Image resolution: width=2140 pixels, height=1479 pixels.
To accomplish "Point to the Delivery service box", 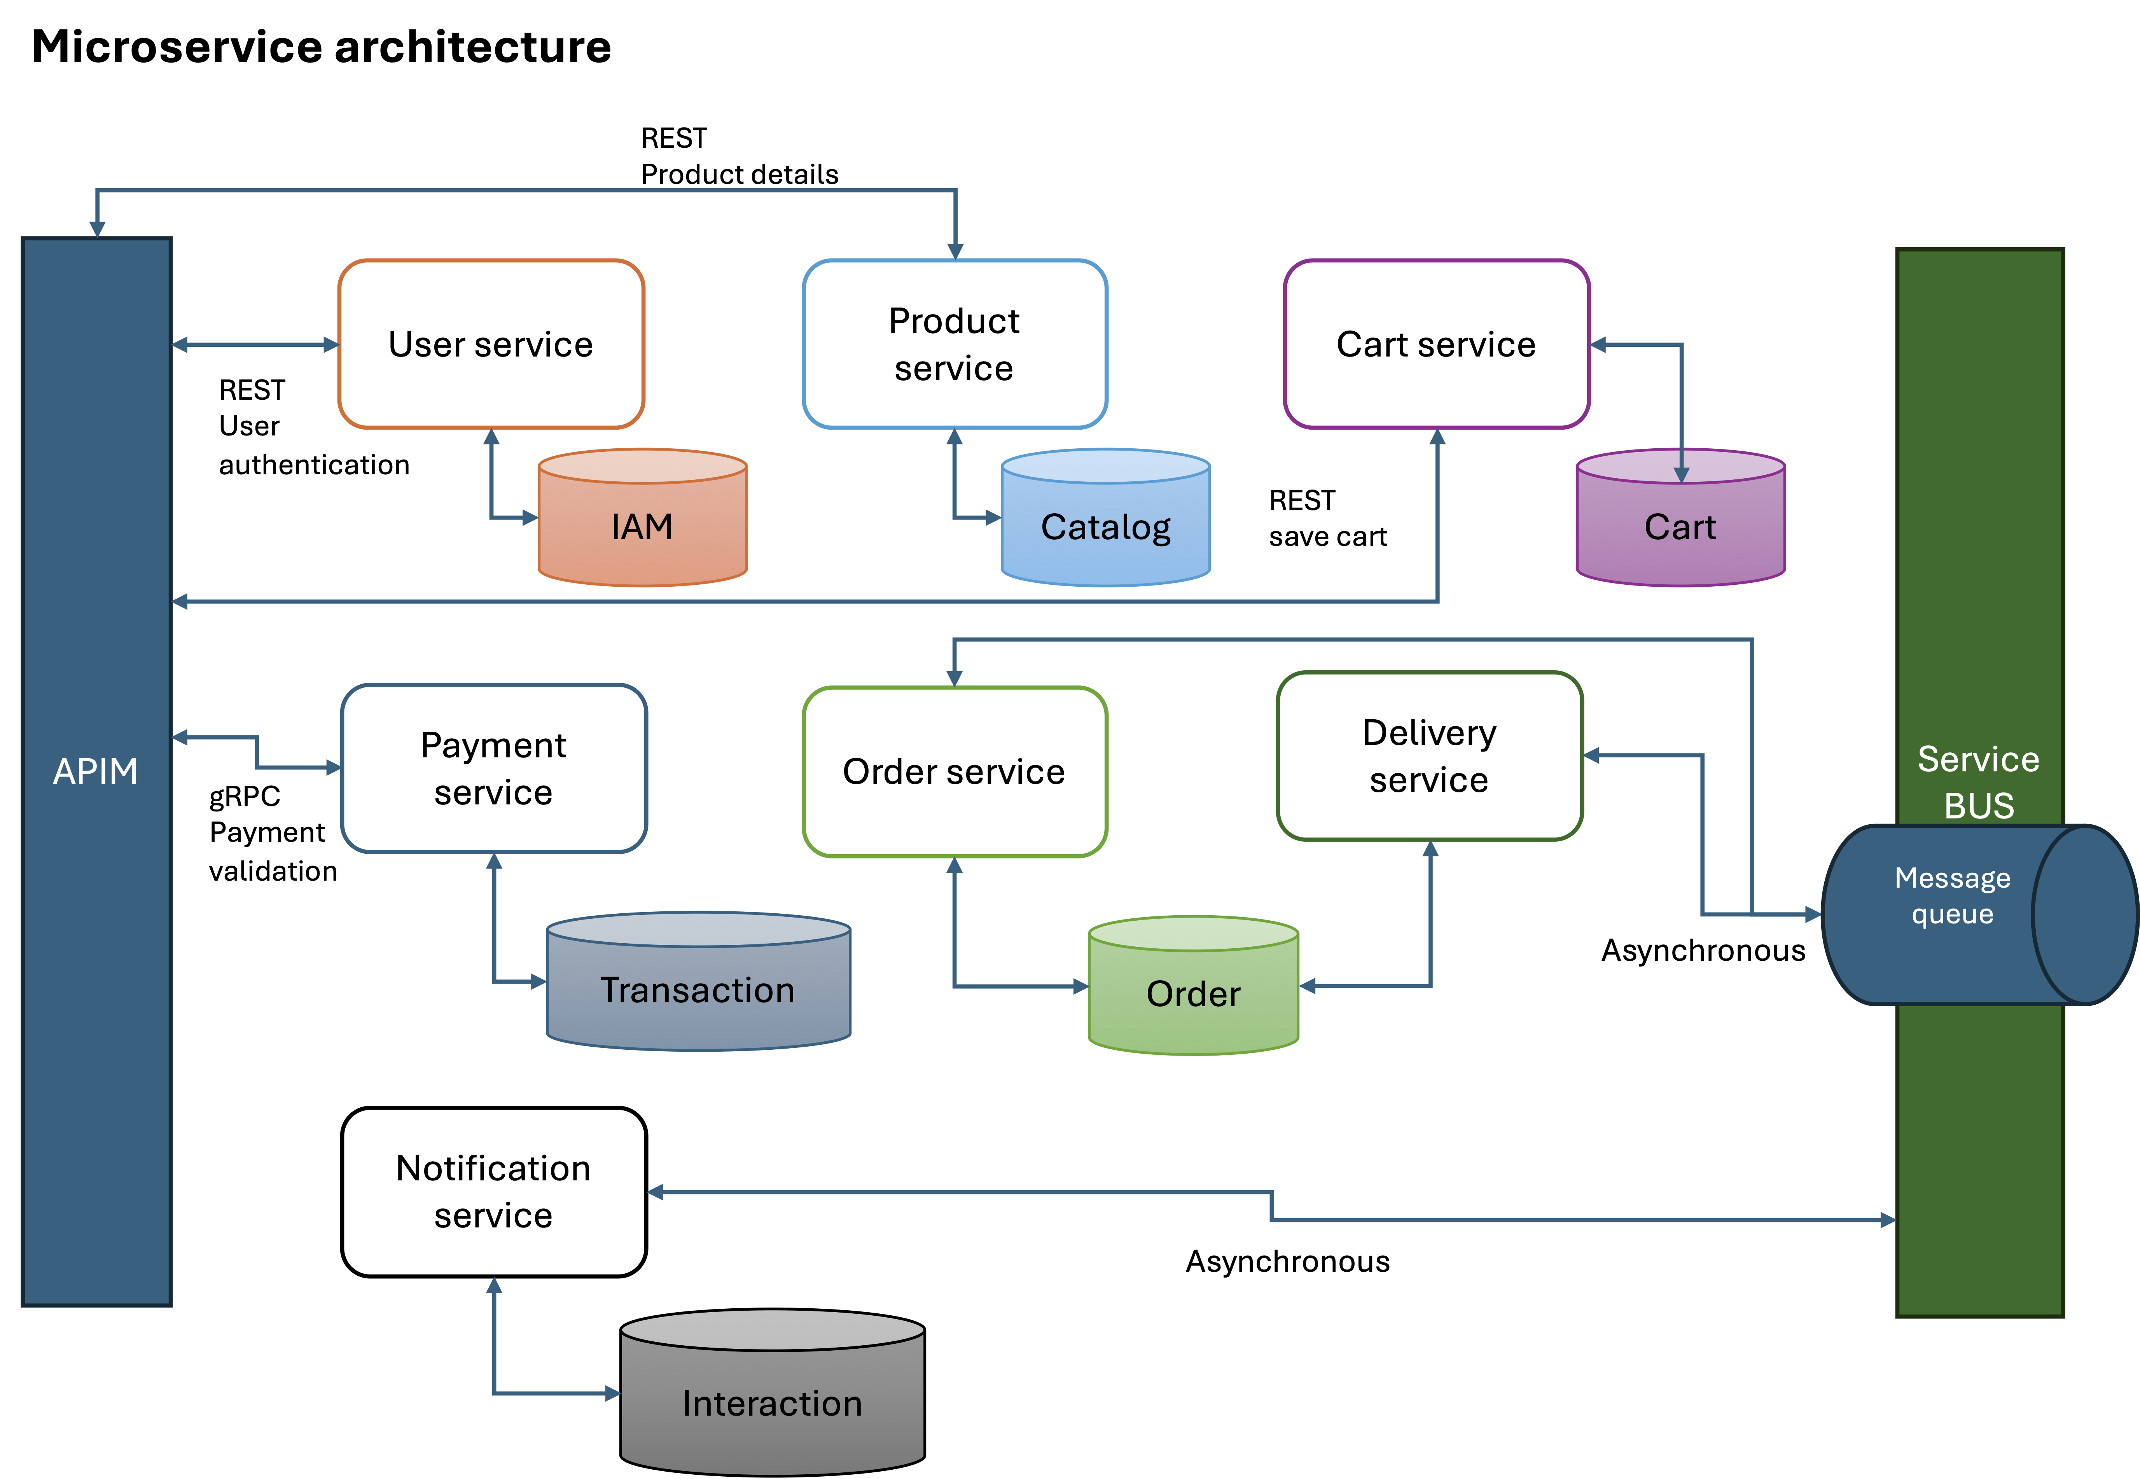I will (1429, 756).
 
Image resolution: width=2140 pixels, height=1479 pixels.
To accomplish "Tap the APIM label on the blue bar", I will (96, 771).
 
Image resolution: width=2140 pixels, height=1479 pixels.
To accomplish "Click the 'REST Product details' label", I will (739, 156).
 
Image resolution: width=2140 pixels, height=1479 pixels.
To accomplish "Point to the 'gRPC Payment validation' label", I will (271, 833).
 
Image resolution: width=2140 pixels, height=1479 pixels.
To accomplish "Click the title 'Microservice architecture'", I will (321, 46).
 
